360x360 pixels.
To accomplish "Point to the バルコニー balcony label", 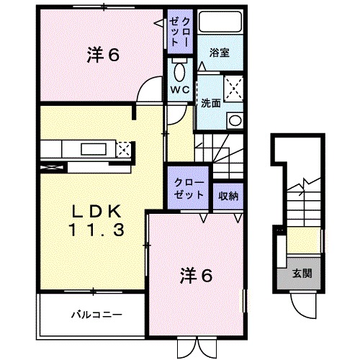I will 96,315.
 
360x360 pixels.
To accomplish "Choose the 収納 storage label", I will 230,195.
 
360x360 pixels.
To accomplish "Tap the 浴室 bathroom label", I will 220,53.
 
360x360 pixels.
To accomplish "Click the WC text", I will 179,90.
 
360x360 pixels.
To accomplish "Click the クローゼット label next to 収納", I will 189,189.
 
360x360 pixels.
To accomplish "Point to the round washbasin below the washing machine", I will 234,120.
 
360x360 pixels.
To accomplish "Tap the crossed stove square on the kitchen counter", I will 123,150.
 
